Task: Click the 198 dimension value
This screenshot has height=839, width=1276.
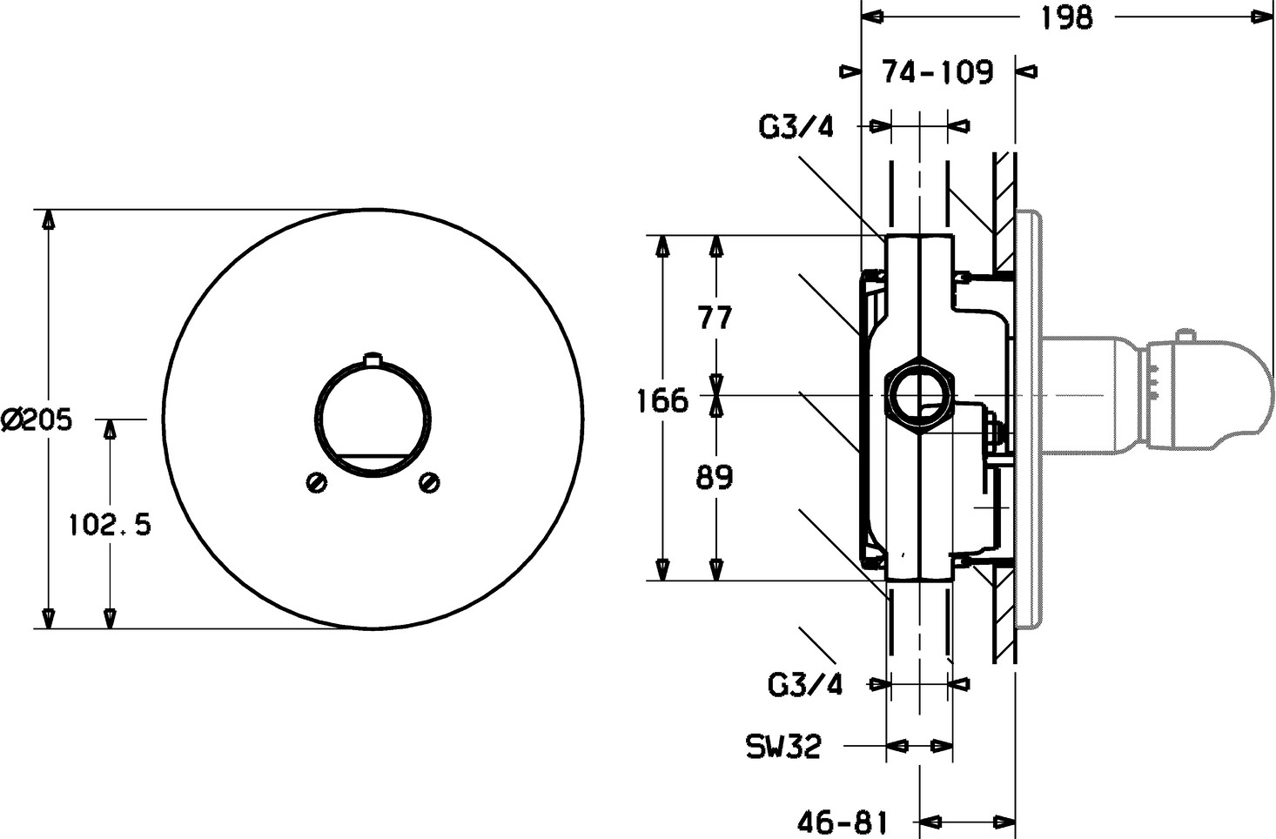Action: [1066, 17]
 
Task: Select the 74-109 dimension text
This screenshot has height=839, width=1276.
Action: [937, 71]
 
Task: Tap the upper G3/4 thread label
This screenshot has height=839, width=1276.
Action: [796, 126]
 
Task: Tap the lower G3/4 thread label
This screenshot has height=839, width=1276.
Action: [805, 685]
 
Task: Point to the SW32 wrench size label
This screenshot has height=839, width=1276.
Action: [784, 746]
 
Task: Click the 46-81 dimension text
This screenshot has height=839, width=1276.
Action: [843, 822]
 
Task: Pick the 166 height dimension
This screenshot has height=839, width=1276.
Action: [662, 400]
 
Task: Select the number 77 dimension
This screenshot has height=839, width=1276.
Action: [715, 318]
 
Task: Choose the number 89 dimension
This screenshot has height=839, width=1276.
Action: [715, 477]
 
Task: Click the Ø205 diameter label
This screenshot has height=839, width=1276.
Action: [37, 419]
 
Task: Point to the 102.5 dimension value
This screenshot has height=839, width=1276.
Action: [110, 524]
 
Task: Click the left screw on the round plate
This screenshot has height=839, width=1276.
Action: [317, 483]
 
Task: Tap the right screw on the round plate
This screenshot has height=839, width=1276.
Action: [429, 482]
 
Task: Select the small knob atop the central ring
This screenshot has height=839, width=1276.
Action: [373, 359]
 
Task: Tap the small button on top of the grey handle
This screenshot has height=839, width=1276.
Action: [1185, 335]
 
